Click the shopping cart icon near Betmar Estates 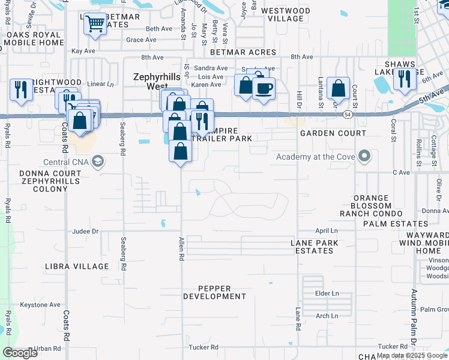click(95, 25)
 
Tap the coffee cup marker click(263, 89)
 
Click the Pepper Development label click(214, 292)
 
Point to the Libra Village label click(77, 266)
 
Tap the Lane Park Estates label click(315, 247)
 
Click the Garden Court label click(333, 133)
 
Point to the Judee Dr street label click(85, 231)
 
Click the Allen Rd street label click(181, 248)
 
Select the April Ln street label click(327, 231)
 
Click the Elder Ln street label click(327, 293)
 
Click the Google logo click(20, 353)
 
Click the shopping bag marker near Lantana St click(339, 88)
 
